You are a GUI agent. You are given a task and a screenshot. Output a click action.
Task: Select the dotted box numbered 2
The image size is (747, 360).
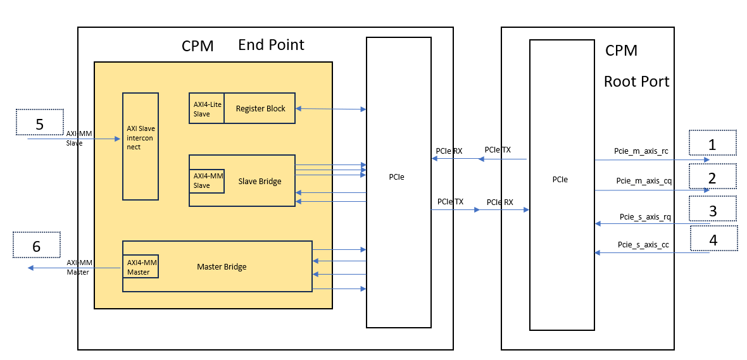[x=712, y=177]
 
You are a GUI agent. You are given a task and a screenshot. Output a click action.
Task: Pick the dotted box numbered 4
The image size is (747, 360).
[x=713, y=239]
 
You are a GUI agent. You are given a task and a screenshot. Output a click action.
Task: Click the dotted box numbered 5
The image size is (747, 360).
[x=39, y=123]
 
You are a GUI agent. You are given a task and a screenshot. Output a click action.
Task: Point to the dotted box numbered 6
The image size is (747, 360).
[x=36, y=245]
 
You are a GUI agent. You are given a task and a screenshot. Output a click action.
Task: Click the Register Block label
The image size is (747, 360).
[x=260, y=109]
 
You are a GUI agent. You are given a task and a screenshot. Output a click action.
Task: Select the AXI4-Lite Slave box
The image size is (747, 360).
[x=206, y=109]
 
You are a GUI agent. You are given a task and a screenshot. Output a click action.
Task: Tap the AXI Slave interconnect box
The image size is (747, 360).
[x=141, y=146]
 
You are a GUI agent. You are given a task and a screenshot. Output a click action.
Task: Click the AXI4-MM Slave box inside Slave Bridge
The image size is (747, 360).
[x=207, y=181]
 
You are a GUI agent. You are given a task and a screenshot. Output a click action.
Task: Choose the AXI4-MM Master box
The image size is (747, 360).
[x=141, y=266]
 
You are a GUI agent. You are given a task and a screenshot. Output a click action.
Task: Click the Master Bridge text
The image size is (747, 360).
[x=222, y=266]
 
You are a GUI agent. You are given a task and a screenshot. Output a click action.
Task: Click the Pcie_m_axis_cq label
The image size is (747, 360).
[x=643, y=181]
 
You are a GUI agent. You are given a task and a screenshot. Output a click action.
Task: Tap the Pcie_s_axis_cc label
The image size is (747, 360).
[x=643, y=245]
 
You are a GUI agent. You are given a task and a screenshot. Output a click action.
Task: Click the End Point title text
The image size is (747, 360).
[x=271, y=45]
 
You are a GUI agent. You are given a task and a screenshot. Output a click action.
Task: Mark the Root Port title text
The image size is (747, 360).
[x=636, y=81]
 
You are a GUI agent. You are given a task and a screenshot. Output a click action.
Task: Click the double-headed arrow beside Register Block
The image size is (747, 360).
[x=330, y=109]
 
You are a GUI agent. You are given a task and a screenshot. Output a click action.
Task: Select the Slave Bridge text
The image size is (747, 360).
[x=260, y=182]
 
